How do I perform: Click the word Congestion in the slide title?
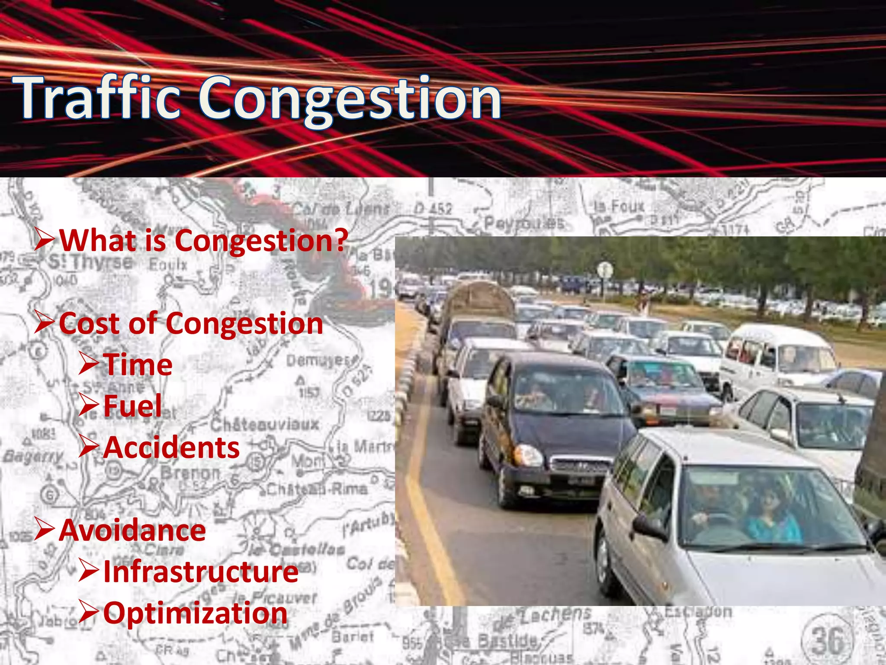[350, 100]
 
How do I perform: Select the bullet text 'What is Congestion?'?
[203, 240]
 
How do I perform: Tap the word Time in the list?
[138, 365]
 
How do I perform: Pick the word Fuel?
[132, 406]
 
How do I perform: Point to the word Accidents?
[171, 447]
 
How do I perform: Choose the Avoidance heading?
[132, 530]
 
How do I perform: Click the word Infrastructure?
[201, 571]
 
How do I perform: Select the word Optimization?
[195, 613]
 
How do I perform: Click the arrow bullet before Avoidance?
[45, 529]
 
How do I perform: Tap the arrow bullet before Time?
[89, 364]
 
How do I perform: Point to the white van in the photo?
[779, 355]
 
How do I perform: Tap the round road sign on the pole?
[604, 270]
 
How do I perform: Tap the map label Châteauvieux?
[265, 424]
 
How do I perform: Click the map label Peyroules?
[524, 223]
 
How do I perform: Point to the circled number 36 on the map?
[828, 640]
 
